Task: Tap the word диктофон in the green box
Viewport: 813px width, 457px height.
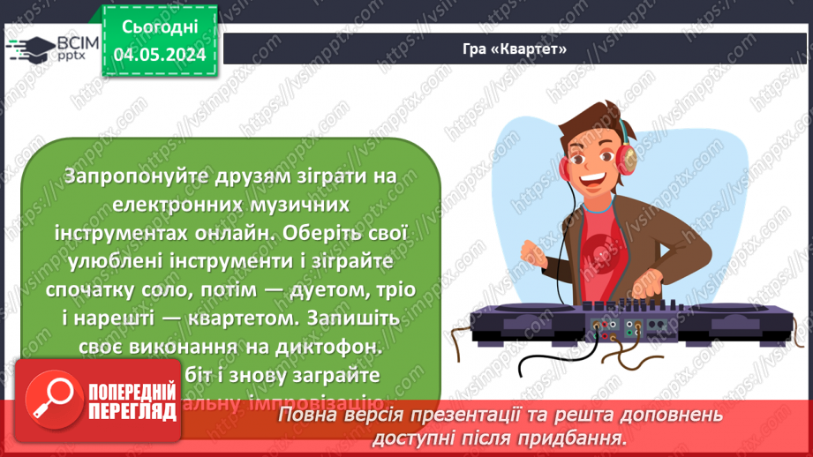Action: coord(335,348)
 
